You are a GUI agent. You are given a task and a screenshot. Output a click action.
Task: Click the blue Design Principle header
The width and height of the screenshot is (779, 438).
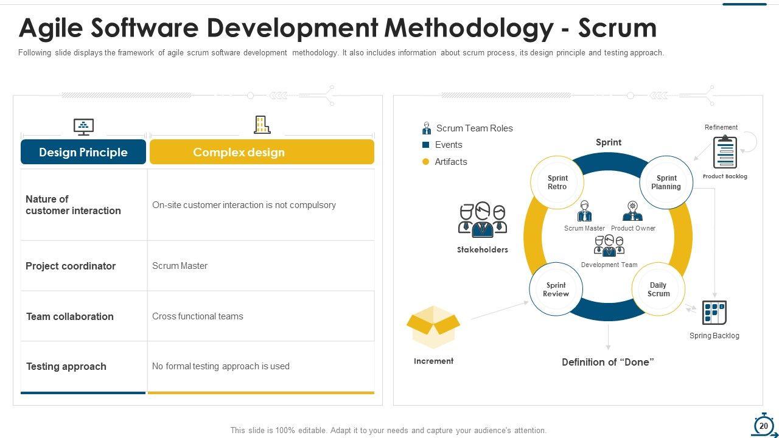pos(83,152)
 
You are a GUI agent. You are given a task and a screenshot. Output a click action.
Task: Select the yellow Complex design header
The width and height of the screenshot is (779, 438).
pos(262,152)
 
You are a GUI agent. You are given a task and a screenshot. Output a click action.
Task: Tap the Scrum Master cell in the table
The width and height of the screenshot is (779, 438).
pos(180,266)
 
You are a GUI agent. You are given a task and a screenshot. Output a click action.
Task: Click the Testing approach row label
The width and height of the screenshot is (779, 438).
pos(66,366)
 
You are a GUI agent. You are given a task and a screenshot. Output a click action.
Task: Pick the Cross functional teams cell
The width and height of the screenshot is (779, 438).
pos(198,316)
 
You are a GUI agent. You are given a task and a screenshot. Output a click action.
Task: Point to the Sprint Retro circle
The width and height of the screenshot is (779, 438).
pos(557,182)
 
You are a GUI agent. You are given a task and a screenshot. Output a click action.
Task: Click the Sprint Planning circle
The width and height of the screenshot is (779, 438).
pos(666,182)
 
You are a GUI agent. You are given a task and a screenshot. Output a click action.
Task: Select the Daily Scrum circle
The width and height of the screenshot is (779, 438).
pos(658,290)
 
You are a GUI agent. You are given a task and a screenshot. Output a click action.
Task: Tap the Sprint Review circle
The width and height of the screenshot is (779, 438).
pos(556,290)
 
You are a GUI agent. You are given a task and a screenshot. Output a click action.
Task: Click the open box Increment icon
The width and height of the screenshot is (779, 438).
pos(433,327)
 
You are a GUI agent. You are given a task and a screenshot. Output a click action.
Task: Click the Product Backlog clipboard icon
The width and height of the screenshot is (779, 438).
pos(725,152)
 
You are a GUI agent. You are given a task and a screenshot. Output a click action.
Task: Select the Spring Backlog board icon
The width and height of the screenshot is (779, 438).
pos(714,313)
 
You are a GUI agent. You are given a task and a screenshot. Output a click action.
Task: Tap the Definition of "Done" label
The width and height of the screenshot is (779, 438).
pos(608,362)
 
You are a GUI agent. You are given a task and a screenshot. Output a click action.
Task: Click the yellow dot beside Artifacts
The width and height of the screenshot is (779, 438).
pos(426,162)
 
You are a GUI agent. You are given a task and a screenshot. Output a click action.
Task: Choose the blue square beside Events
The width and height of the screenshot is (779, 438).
pos(426,145)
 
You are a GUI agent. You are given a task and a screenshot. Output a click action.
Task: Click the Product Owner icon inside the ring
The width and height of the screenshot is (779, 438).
pos(633,211)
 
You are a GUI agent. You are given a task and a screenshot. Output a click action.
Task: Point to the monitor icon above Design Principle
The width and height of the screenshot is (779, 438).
pos(83,127)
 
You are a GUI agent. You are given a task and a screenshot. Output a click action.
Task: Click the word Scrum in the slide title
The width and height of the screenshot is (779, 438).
pos(617,28)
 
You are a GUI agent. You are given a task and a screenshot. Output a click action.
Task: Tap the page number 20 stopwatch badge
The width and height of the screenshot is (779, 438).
pos(763,426)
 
